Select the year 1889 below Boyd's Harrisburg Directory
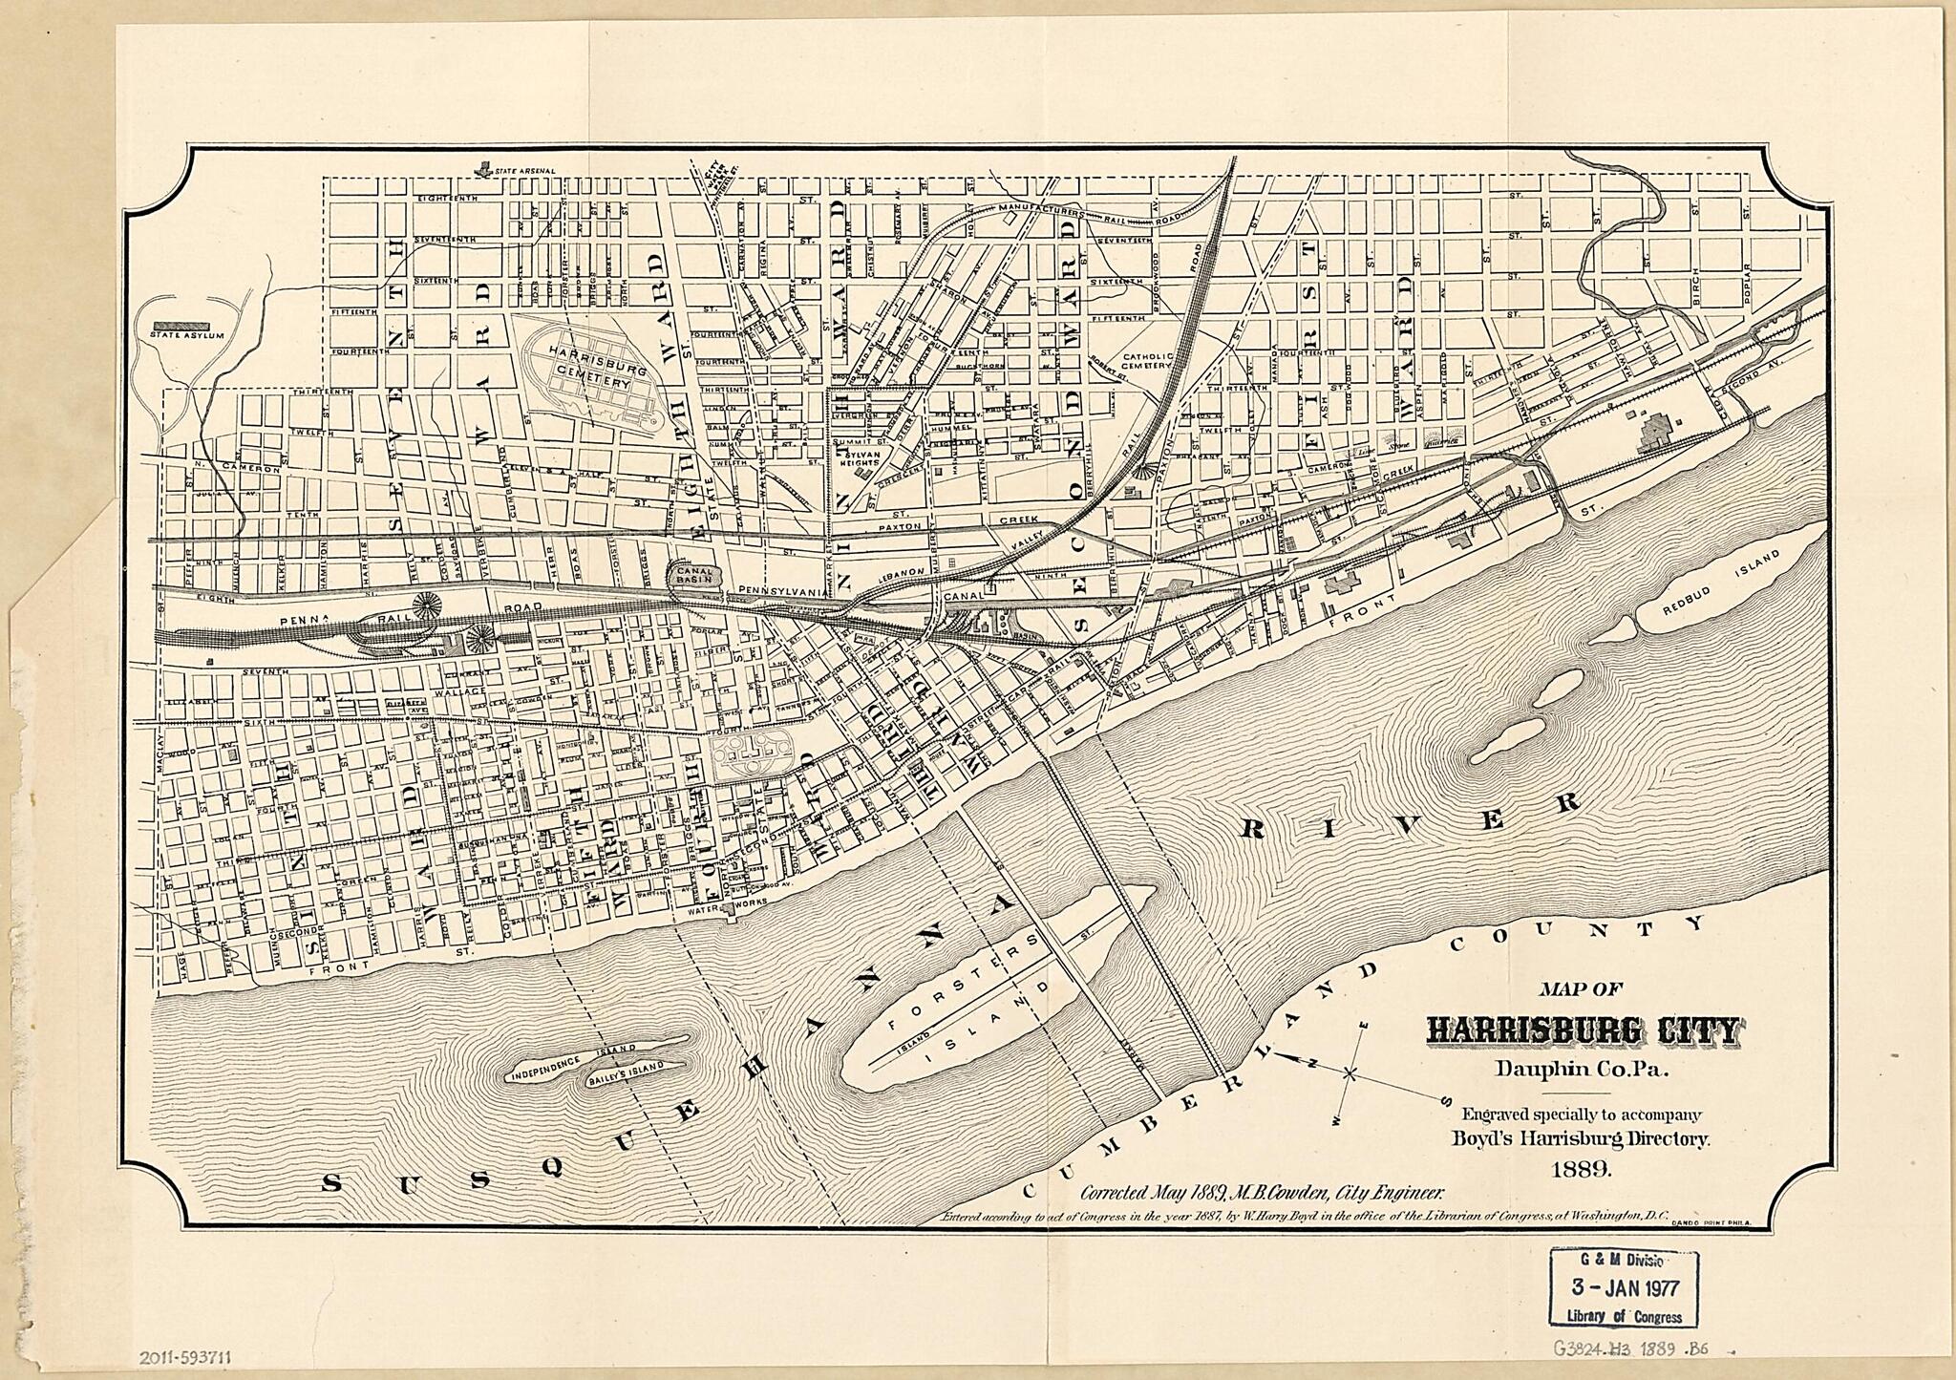pos(1583,1167)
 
